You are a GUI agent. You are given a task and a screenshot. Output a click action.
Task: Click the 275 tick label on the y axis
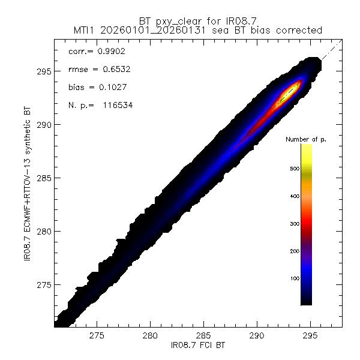pyautogui.click(x=44, y=284)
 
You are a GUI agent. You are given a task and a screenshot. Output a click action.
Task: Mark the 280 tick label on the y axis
pyautogui.click(x=44, y=231)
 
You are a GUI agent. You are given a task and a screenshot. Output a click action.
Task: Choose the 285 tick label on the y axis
pyautogui.click(x=44, y=178)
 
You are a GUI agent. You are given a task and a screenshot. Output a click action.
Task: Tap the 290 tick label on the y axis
pyautogui.click(x=44, y=125)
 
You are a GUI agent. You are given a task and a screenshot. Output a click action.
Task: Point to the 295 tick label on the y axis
pyautogui.click(x=44, y=71)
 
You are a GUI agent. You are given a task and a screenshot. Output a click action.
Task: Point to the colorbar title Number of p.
pyautogui.click(x=306, y=139)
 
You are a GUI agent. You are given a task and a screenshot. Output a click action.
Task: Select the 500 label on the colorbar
pyautogui.click(x=295, y=169)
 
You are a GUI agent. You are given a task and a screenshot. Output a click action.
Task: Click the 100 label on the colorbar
pyautogui.click(x=295, y=278)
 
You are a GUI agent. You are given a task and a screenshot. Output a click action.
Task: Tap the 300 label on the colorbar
pyautogui.click(x=295, y=224)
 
